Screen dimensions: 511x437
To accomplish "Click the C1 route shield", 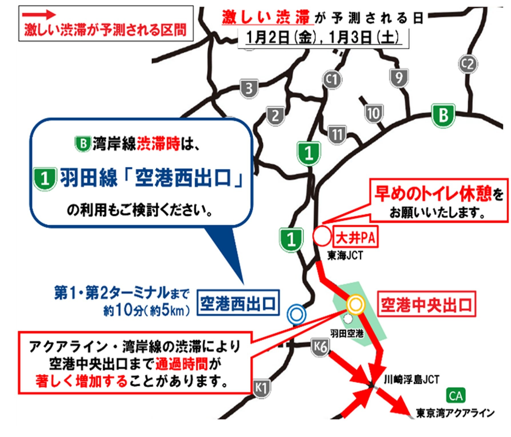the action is (332, 80).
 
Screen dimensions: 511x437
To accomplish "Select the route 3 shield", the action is (249, 89).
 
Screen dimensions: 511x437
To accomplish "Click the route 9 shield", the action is (399, 78).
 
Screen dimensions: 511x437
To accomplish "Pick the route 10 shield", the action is (373, 114).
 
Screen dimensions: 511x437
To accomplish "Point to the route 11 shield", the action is (337, 134).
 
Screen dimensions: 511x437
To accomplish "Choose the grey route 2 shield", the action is (275, 116).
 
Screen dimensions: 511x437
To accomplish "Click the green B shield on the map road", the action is (443, 116).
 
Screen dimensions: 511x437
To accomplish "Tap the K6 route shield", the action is (320, 347).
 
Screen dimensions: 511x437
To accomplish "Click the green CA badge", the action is (456, 396).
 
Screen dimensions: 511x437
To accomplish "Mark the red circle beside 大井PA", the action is (322, 236).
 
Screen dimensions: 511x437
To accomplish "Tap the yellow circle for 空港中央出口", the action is (356, 304).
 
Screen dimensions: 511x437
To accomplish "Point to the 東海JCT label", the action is (345, 255).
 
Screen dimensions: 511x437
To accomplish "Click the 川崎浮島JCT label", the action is (411, 380).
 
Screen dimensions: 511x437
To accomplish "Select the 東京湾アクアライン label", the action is (455, 413).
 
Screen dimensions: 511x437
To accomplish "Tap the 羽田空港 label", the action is (347, 333).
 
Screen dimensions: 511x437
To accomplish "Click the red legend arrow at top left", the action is (39, 15).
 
